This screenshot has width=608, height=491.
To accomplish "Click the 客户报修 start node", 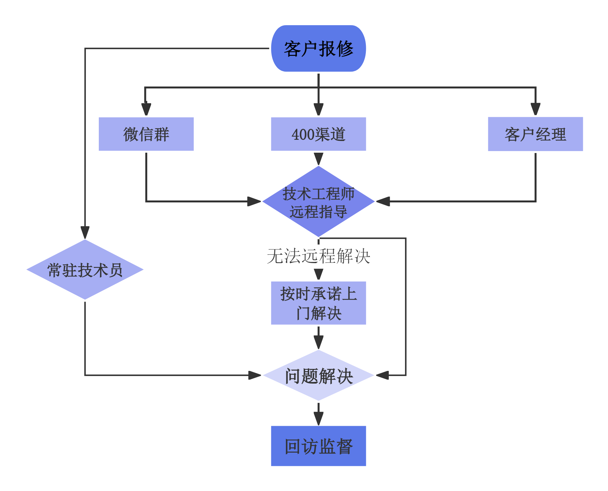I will [318, 49].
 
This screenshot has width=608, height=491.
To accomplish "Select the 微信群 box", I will [146, 134].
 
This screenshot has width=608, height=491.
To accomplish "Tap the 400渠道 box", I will [318, 134].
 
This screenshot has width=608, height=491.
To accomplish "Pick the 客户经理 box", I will [535, 134].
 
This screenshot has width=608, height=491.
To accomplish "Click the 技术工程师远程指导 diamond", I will [318, 202].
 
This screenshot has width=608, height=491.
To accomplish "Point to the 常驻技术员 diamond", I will [85, 270].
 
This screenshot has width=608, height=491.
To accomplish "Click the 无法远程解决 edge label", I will [318, 256].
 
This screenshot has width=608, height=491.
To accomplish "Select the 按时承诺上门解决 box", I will [318, 303].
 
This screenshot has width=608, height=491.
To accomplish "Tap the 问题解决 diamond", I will [318, 375].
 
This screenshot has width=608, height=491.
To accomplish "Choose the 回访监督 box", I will [318, 446].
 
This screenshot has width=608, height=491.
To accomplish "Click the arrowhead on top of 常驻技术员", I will [85, 232].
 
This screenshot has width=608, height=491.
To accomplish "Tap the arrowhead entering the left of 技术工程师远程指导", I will [253, 201].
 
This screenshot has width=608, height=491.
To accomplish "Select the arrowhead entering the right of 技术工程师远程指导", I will [384, 201].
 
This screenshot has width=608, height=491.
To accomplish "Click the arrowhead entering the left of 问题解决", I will [254, 375].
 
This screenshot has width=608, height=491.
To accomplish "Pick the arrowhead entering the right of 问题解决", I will [383, 375].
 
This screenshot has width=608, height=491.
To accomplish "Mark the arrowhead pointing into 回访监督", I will [318, 418].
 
